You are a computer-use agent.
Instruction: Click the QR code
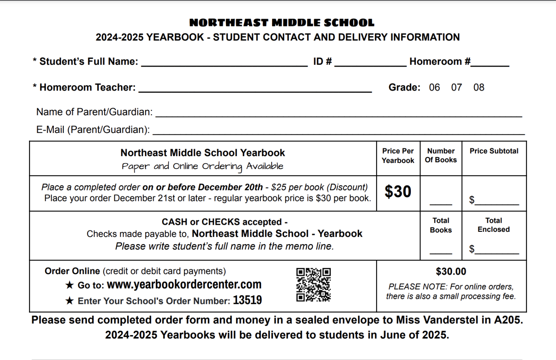(x=313, y=285)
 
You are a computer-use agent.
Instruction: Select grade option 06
(x=434, y=87)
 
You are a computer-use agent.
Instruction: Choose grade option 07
(x=456, y=87)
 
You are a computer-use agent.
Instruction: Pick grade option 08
(x=479, y=87)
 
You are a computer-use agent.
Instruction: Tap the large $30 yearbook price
(x=398, y=192)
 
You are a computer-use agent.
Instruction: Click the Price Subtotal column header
(x=494, y=151)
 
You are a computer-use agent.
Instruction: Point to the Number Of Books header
(x=441, y=155)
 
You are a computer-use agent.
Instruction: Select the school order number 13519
(x=247, y=300)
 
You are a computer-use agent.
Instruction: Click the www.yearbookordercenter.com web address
(x=184, y=285)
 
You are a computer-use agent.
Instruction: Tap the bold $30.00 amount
(x=451, y=272)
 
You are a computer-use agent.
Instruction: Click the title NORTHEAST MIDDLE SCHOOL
(x=282, y=23)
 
